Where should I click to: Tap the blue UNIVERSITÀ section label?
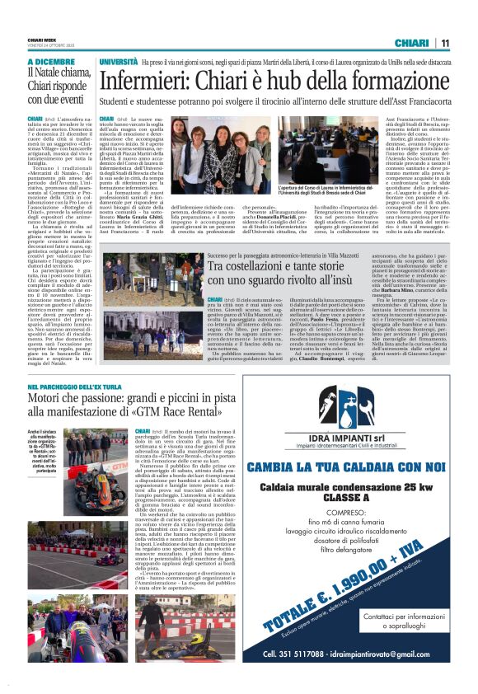click(119, 62)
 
